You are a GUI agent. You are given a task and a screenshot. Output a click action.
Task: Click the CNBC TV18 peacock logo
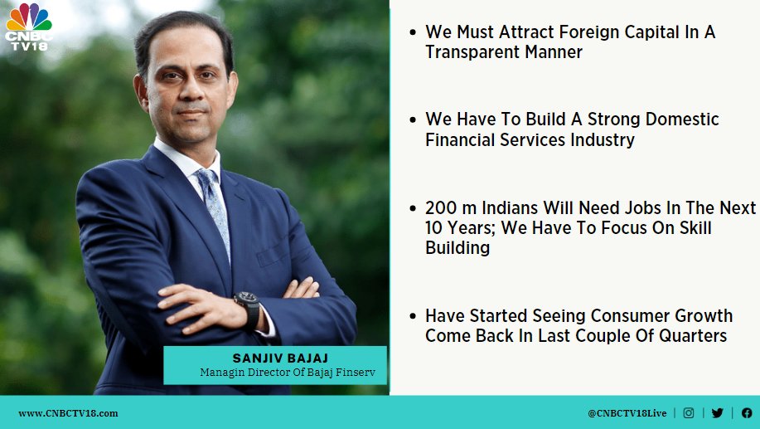tap(29, 27)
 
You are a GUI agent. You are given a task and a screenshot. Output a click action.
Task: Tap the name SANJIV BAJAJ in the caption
tap(280, 358)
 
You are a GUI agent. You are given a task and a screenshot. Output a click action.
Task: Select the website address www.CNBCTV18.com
tap(68, 413)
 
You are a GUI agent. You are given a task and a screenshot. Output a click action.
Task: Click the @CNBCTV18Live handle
tap(627, 413)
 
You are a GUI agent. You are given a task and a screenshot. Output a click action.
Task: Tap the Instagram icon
tap(688, 413)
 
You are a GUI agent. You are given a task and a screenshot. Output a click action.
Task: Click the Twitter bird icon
tap(718, 413)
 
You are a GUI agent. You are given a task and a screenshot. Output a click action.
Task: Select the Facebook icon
tap(747, 413)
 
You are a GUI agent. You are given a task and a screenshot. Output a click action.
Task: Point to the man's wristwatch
tap(249, 310)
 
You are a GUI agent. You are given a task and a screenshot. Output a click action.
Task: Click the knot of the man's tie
tap(206, 178)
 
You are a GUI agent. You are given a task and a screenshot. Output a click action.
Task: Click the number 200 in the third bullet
tap(441, 207)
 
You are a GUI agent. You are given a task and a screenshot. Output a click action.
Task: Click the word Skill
tap(693, 227)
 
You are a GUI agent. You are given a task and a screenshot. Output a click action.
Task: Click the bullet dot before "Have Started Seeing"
tap(413, 316)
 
